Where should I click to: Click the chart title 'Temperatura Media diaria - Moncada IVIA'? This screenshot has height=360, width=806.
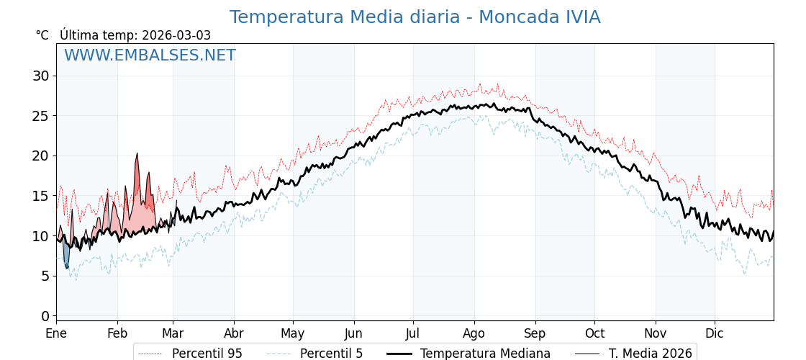pos(415,17)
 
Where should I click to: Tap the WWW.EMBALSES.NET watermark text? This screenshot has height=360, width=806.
pos(150,55)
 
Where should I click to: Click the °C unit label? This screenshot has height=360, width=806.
pos(42,35)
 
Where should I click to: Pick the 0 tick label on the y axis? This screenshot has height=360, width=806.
pos(45,316)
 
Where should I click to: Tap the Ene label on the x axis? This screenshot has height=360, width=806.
pos(56,333)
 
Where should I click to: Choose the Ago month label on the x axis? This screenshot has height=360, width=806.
pos(474,333)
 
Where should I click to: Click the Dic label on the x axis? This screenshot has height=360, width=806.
pos(715,333)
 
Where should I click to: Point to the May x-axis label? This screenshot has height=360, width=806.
pos(293,333)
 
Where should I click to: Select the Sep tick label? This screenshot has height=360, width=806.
pos(535,333)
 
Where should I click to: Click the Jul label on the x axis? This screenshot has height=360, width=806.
pos(413,333)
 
